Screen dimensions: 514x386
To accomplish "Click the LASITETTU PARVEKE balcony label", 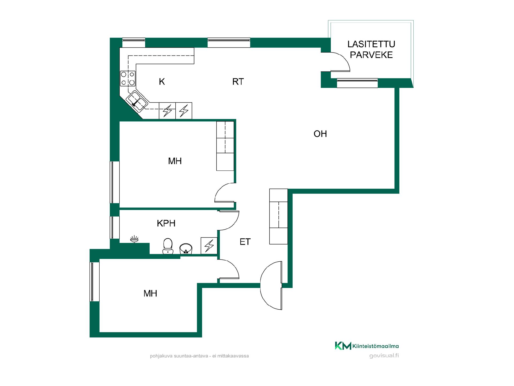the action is (x=371, y=49).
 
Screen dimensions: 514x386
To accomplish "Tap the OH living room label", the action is (x=320, y=134).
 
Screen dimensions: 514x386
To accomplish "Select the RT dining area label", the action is (x=238, y=81).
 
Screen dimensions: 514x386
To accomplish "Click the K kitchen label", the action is (x=162, y=81).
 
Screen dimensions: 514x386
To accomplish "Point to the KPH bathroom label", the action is (x=166, y=223).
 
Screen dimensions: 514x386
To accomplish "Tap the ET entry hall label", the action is (x=245, y=242).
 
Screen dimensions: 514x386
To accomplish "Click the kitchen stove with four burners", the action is (x=128, y=79).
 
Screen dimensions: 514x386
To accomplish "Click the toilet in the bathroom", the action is (x=168, y=246).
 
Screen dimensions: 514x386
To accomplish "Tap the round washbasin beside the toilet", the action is (x=186, y=248).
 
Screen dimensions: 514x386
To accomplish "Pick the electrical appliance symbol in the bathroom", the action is (x=209, y=246).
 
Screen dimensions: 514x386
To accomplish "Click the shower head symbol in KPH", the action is (x=134, y=239).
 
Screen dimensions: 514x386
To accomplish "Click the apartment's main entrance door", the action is (x=271, y=285).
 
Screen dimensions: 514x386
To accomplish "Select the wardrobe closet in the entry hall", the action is (x=278, y=217).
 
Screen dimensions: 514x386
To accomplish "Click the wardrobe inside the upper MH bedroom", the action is (x=225, y=146).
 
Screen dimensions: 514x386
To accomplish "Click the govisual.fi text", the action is (x=384, y=356).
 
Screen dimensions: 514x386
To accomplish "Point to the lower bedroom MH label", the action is (x=150, y=294).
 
